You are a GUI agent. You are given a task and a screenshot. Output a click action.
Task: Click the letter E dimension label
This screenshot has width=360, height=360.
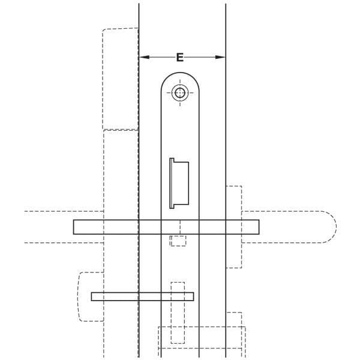180,57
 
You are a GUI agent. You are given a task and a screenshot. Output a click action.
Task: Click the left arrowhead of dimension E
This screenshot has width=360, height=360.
144,57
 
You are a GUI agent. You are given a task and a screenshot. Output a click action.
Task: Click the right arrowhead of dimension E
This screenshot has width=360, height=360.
220,57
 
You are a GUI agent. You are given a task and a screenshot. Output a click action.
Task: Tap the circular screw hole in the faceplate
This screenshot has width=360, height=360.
180,93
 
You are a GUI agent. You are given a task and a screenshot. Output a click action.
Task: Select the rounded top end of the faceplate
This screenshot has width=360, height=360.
180,73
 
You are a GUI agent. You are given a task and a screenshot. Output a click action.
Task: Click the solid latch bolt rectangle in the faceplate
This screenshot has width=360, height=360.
181,183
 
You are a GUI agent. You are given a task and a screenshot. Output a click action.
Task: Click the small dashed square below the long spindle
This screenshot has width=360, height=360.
178,241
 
